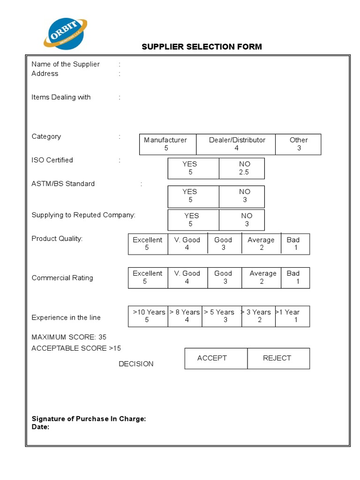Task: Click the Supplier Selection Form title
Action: click(x=202, y=46)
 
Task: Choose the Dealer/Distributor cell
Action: click(x=236, y=144)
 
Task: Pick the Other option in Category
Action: click(x=299, y=144)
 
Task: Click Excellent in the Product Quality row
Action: click(x=148, y=244)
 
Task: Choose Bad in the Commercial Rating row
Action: click(x=295, y=277)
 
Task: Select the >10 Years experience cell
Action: click(x=148, y=316)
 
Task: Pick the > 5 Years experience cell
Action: click(x=222, y=316)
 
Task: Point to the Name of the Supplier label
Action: click(x=65, y=64)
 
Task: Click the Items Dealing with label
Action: click(x=61, y=97)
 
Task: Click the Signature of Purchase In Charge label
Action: click(x=89, y=419)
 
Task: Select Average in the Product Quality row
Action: click(x=261, y=244)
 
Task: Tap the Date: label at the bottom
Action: click(x=40, y=427)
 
